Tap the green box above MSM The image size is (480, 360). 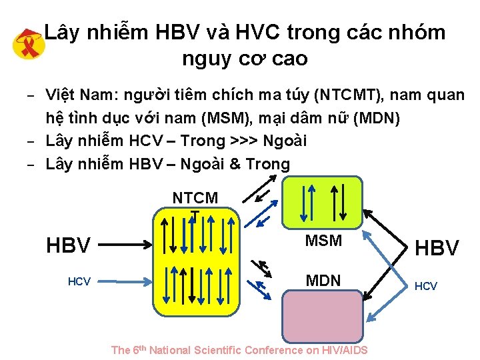click(321, 201)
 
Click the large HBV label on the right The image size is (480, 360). click(437, 248)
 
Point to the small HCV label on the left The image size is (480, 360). click(79, 282)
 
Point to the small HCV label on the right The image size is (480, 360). click(426, 286)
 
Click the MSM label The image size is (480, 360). click(323, 241)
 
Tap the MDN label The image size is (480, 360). click(323, 281)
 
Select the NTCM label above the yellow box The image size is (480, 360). click(195, 198)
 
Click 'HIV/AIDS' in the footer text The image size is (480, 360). click(345, 350)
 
